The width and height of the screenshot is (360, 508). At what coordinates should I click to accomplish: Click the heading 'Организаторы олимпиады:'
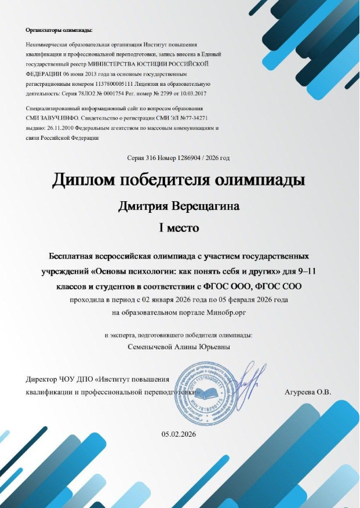click(x=59, y=30)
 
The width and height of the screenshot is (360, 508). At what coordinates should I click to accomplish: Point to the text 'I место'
click(x=180, y=228)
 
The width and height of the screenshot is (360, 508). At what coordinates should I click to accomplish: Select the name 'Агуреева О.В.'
click(x=307, y=392)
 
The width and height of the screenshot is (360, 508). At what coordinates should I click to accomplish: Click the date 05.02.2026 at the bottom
click(x=179, y=434)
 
